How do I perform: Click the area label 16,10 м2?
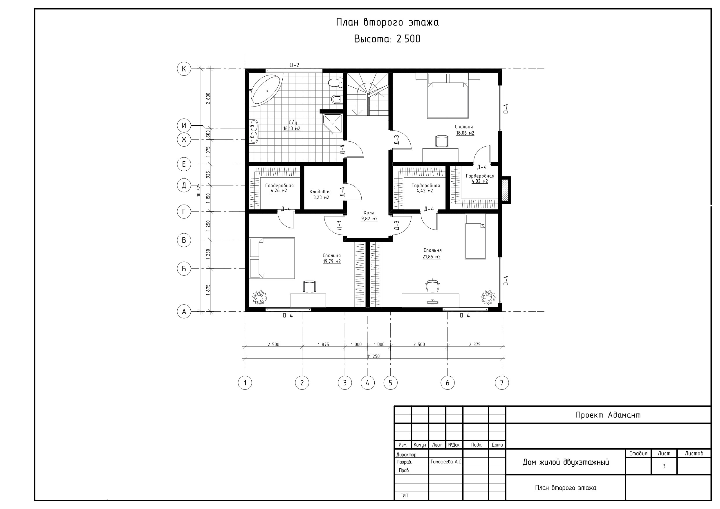point(292,129)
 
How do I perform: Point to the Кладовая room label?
point(320,192)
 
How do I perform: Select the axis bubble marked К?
point(184,69)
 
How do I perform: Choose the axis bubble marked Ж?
point(184,140)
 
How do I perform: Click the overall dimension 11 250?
point(373,356)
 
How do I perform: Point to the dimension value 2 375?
point(474,344)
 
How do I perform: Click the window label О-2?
point(294,65)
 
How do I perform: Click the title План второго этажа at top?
point(387,23)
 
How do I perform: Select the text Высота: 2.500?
point(387,39)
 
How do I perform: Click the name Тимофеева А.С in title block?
point(445,462)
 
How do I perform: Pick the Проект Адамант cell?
point(608,415)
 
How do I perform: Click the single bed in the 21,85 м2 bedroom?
point(475,237)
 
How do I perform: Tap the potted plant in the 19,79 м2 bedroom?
point(259,297)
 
